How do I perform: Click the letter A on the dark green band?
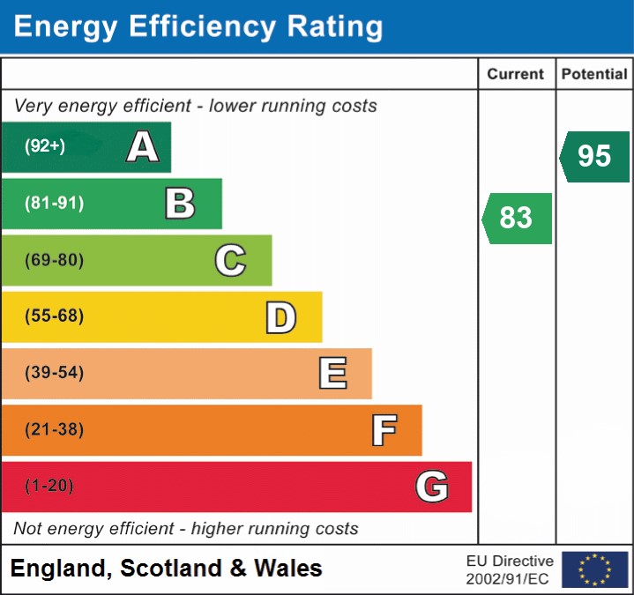pyautogui.click(x=143, y=147)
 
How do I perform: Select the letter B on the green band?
pyautogui.click(x=180, y=204)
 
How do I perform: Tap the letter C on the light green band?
pyautogui.click(x=230, y=260)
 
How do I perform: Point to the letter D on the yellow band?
pyautogui.click(x=280, y=316)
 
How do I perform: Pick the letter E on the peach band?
pyautogui.click(x=332, y=373)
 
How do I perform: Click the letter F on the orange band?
pyautogui.click(x=384, y=430)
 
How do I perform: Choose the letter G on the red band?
pyautogui.click(x=432, y=487)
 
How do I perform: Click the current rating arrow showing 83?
pyautogui.click(x=518, y=218)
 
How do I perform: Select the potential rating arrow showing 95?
pyautogui.click(x=595, y=156)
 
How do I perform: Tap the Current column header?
pyautogui.click(x=516, y=75)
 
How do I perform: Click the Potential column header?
pyautogui.click(x=594, y=75)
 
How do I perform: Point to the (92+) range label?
pyautogui.click(x=45, y=146)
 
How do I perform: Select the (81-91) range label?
pyautogui.click(x=54, y=204)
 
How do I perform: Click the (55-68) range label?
pyautogui.click(x=54, y=316)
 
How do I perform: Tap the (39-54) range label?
pyautogui.click(x=54, y=373)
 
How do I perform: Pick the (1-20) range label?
pyautogui.click(x=48, y=486)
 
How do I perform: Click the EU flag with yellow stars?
pyautogui.click(x=594, y=569)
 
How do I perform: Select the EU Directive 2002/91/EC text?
pyautogui.click(x=510, y=569)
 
